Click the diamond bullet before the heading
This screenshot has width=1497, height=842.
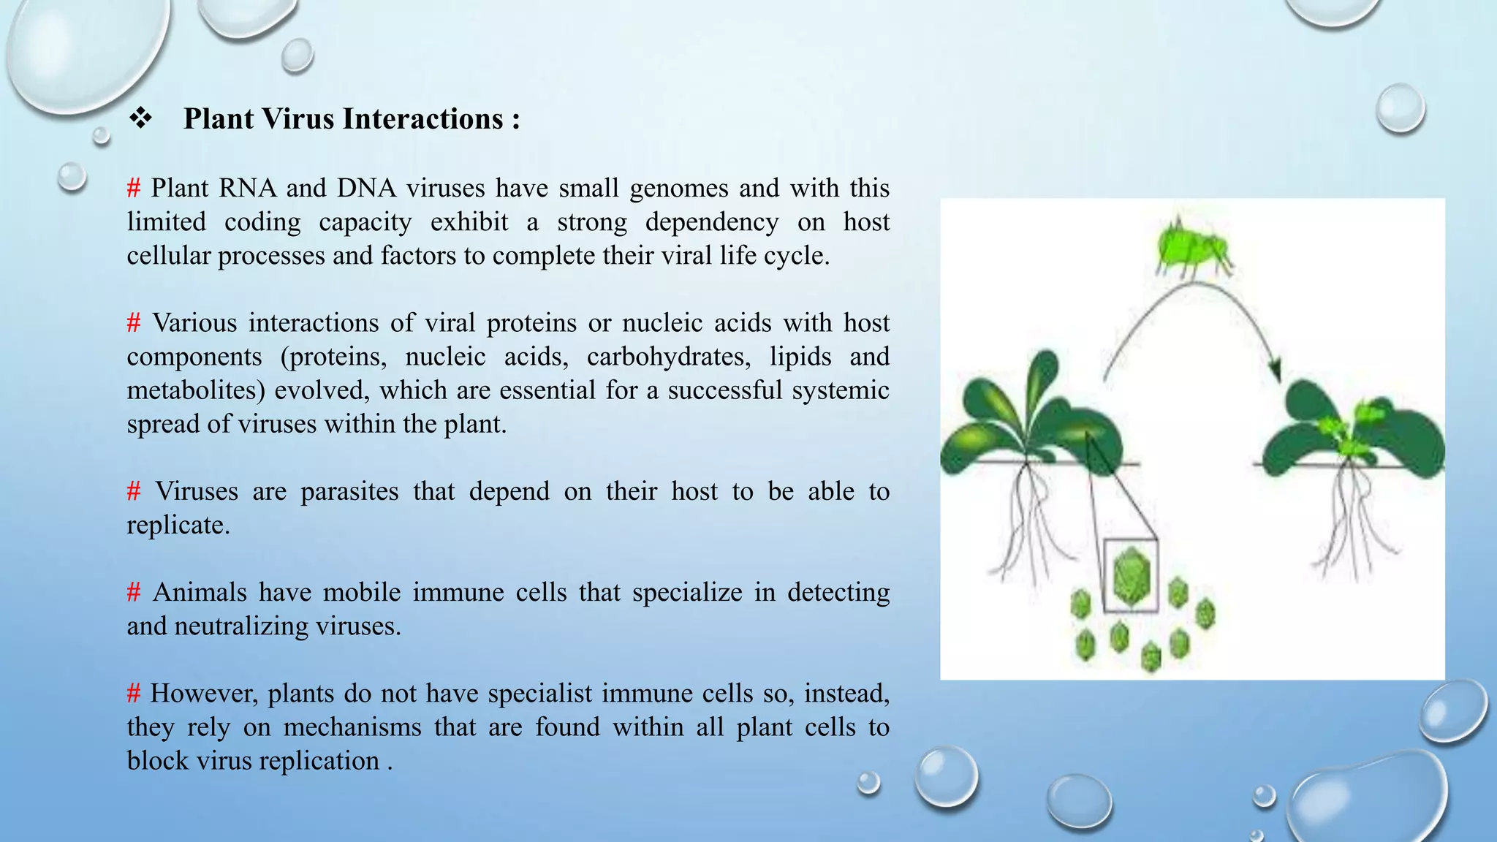140,118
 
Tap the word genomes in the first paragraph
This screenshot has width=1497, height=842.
678,189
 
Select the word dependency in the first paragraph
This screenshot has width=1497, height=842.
711,222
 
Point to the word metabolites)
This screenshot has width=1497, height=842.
195,390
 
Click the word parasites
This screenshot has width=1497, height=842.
349,491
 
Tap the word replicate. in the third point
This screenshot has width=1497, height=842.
178,525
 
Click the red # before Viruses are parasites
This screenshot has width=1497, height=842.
133,491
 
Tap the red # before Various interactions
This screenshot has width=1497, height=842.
133,323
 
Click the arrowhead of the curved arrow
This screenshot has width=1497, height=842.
1276,371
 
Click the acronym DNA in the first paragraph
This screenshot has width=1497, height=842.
366,189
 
